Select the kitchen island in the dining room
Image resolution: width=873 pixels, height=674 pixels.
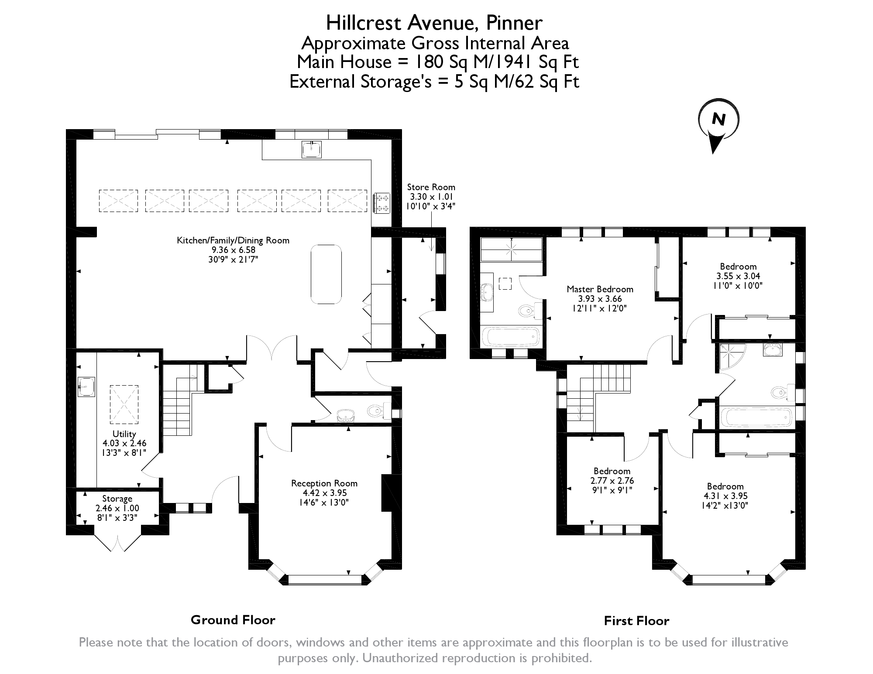[326, 274]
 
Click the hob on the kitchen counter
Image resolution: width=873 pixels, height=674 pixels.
[382, 203]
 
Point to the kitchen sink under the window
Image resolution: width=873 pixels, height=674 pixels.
[312, 149]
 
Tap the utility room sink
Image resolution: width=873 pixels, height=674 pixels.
[86, 387]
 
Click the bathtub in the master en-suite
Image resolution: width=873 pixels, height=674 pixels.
[510, 337]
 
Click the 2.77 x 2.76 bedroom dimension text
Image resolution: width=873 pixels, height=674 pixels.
[612, 481]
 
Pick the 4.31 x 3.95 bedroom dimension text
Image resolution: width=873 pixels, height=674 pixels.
[725, 496]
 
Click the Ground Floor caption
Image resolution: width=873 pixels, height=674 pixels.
[233, 620]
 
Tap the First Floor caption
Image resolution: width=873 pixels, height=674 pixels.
[636, 621]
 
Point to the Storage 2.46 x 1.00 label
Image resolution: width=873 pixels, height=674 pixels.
[117, 508]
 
